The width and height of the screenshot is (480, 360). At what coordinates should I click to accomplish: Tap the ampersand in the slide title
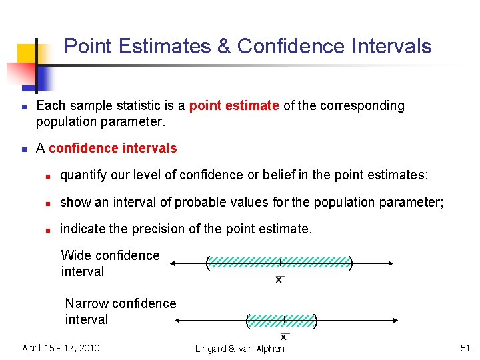(223, 47)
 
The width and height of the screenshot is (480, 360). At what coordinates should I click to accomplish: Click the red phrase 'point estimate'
(234, 106)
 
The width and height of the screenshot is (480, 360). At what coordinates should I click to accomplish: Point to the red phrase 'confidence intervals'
(113, 149)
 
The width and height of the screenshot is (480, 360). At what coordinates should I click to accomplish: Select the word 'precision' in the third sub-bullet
(155, 229)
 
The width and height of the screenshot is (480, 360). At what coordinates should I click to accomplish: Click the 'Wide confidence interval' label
(110, 263)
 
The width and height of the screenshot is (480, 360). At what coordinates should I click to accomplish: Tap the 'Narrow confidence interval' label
(120, 311)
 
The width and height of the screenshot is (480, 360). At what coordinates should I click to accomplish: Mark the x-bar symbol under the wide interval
(279, 279)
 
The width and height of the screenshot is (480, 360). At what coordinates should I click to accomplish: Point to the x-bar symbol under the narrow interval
(284, 336)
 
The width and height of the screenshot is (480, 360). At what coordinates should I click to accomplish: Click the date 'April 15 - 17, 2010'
(61, 348)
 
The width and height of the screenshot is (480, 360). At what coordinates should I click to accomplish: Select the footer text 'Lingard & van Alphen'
(239, 349)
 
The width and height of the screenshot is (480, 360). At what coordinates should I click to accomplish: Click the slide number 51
(465, 348)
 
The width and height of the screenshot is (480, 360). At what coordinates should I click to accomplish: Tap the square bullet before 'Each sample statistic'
(24, 107)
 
